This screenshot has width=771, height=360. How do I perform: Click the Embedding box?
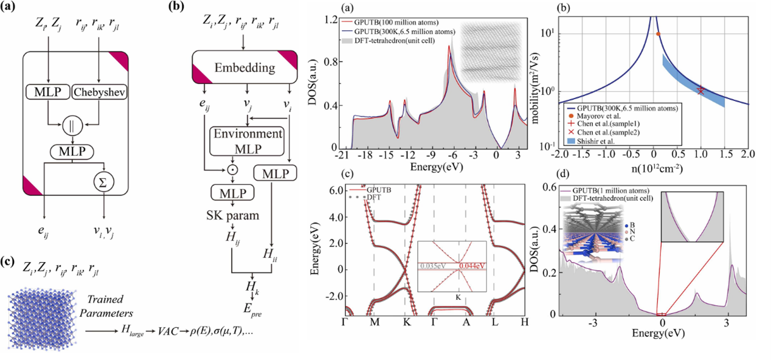coord(244,66)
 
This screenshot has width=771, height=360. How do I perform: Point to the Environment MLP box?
coord(246,140)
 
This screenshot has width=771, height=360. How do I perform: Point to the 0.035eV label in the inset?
coord(431,265)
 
